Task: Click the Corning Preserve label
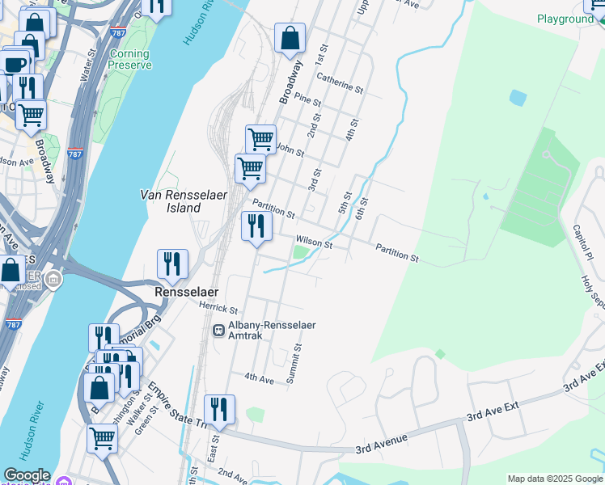(x=129, y=59)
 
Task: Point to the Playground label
(x=565, y=19)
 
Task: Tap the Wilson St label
(x=314, y=242)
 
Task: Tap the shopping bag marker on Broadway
(x=290, y=38)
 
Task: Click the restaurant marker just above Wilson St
(x=256, y=226)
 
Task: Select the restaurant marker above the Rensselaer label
(x=172, y=264)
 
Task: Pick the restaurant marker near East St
(x=219, y=409)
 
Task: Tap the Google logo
(x=27, y=476)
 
